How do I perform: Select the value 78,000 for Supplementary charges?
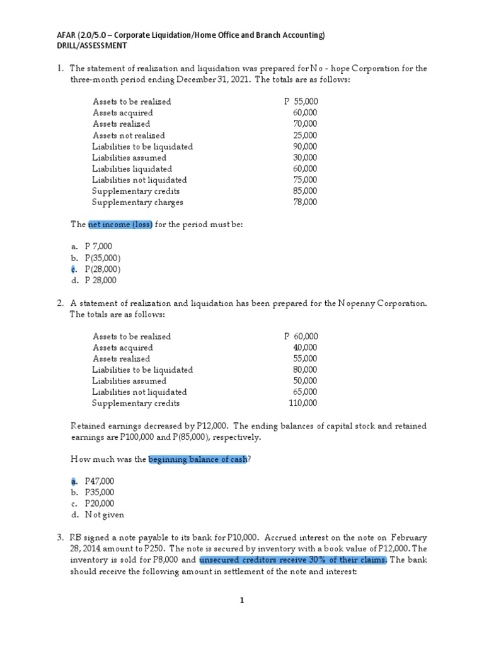305,203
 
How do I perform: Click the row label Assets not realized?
129,136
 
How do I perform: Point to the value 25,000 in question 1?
305,136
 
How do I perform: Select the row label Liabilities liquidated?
132,169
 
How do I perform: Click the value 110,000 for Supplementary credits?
303,404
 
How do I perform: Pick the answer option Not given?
104,515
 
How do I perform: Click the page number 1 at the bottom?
241,601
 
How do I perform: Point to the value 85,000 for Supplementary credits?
305,191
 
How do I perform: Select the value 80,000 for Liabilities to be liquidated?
305,370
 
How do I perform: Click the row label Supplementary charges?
137,203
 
